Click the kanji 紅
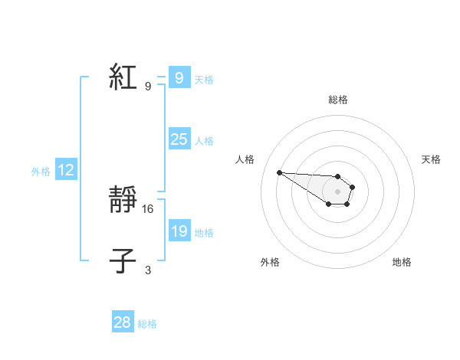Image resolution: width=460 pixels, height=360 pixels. click(123, 77)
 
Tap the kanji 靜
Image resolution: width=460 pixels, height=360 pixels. click(123, 201)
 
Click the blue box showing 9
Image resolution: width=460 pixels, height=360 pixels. click(179, 77)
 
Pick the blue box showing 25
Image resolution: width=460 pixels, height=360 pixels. click(179, 139)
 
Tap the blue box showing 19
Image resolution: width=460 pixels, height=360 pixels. click(179, 231)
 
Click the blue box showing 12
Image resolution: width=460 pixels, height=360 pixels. click(66, 170)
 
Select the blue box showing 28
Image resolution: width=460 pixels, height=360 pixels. click(123, 322)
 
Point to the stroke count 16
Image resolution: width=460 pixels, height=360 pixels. click(149, 208)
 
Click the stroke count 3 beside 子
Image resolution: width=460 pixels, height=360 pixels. click(148, 270)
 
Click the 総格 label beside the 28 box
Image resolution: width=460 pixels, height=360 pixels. click(147, 324)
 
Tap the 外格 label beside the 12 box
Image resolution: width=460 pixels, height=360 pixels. click(41, 172)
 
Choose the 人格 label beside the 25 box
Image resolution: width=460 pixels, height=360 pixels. click(204, 141)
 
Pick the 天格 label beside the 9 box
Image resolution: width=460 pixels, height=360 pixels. click(204, 80)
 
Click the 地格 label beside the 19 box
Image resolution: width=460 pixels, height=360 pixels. click(204, 233)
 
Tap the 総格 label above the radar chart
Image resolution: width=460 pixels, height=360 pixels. click(338, 100)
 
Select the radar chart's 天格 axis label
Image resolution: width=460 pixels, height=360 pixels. click(431, 159)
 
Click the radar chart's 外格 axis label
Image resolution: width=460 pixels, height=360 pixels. click(270, 262)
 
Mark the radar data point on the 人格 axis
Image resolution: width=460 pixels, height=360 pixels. click(280, 172)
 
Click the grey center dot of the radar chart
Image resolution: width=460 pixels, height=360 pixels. click(338, 191)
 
